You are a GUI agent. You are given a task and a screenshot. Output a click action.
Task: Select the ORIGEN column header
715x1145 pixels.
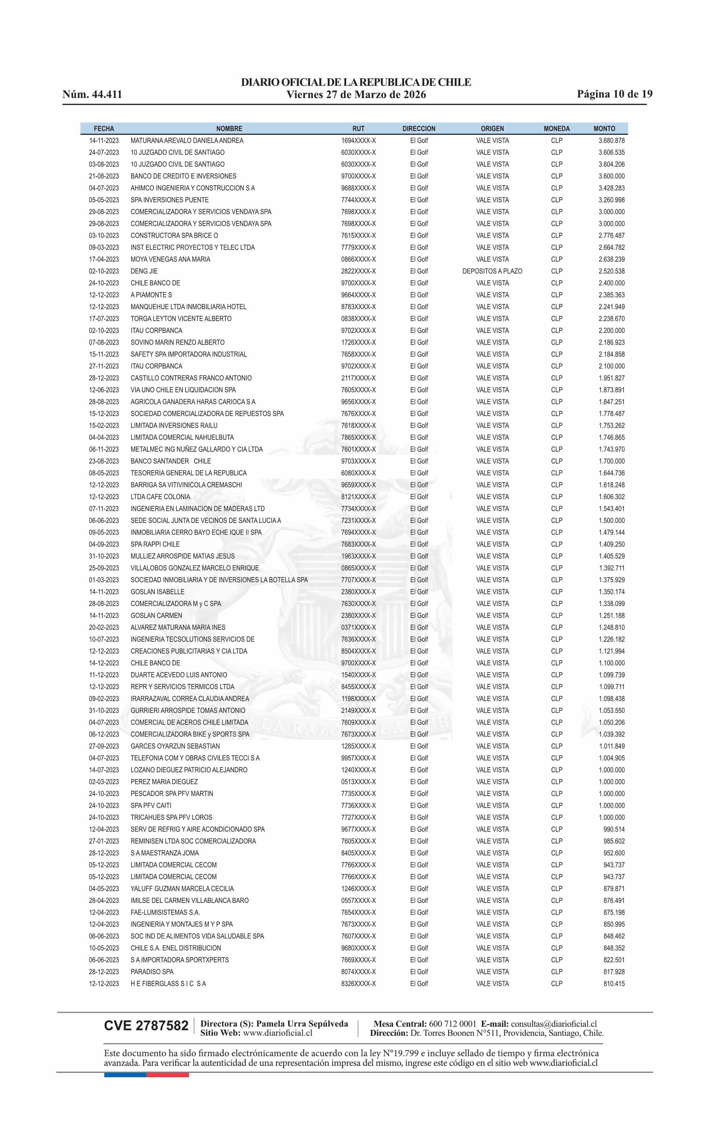tap(492, 128)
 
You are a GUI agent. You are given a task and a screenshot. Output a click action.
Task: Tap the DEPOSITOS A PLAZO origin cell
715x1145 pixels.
tap(492, 271)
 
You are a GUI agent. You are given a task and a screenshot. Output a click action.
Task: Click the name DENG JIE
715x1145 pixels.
tap(144, 271)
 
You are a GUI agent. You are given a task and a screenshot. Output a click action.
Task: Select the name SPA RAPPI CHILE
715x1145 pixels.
tap(155, 544)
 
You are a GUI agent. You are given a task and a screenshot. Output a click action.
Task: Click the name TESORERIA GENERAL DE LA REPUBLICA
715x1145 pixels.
tap(189, 473)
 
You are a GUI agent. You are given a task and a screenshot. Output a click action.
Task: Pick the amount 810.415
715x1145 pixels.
tap(614, 984)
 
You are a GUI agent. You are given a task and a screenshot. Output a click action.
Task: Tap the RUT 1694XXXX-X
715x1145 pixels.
tap(358, 141)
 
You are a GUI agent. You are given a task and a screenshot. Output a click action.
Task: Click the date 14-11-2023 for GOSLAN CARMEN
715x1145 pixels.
tap(104, 615)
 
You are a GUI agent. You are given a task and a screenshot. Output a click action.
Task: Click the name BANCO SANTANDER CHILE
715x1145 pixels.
tap(171, 461)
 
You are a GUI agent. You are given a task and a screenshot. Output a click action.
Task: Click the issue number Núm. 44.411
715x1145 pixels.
tap(92, 94)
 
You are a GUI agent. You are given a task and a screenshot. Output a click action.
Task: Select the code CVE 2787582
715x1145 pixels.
tap(146, 1026)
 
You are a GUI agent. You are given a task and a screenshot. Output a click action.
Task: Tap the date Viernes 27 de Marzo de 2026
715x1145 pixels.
tap(356, 95)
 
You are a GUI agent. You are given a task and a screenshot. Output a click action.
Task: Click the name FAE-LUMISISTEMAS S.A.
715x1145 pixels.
tap(166, 912)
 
